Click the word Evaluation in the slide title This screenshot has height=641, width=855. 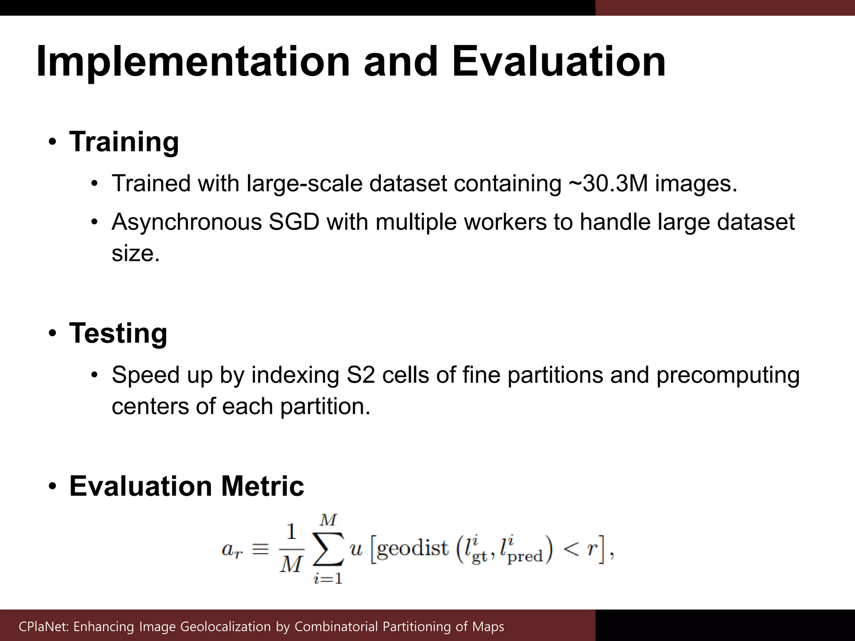559,62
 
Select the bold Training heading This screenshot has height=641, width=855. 124,142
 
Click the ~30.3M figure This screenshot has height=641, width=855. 608,183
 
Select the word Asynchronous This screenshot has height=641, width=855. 187,222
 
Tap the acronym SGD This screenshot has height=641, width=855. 294,222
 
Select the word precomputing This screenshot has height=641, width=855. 728,375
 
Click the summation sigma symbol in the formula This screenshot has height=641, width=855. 328,549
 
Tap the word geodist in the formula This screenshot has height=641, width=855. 412,548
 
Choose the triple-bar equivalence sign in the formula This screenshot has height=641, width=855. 261,549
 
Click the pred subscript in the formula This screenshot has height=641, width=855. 525,557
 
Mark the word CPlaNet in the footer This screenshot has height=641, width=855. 43,626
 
